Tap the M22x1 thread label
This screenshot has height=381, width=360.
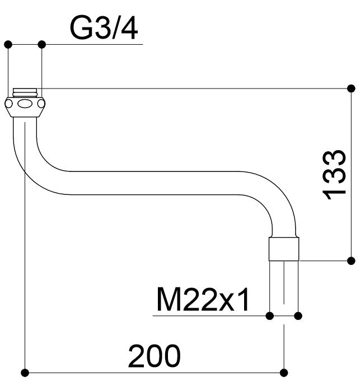point(203,299)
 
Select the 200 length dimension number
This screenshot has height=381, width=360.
point(155,355)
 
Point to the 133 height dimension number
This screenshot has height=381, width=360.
point(334,175)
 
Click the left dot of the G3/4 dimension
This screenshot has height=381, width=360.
point(8,45)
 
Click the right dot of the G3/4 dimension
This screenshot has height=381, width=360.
point(42,45)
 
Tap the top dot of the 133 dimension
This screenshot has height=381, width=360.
point(351,88)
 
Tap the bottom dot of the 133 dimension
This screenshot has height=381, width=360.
point(351,261)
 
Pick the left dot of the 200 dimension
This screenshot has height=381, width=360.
point(25,373)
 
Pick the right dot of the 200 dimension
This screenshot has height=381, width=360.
point(284,373)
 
